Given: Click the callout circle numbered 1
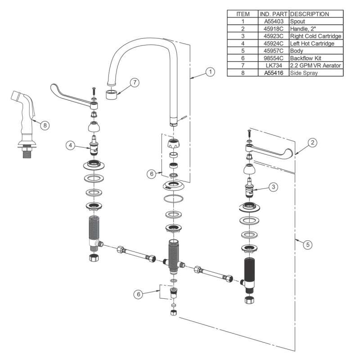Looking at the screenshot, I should (x=209, y=72).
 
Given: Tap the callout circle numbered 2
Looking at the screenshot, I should (x=313, y=143).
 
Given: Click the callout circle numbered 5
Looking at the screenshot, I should (x=307, y=245).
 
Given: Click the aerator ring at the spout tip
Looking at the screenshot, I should (x=112, y=94).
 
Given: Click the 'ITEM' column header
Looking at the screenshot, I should (x=243, y=14).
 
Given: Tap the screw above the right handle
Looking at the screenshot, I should (x=248, y=134).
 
